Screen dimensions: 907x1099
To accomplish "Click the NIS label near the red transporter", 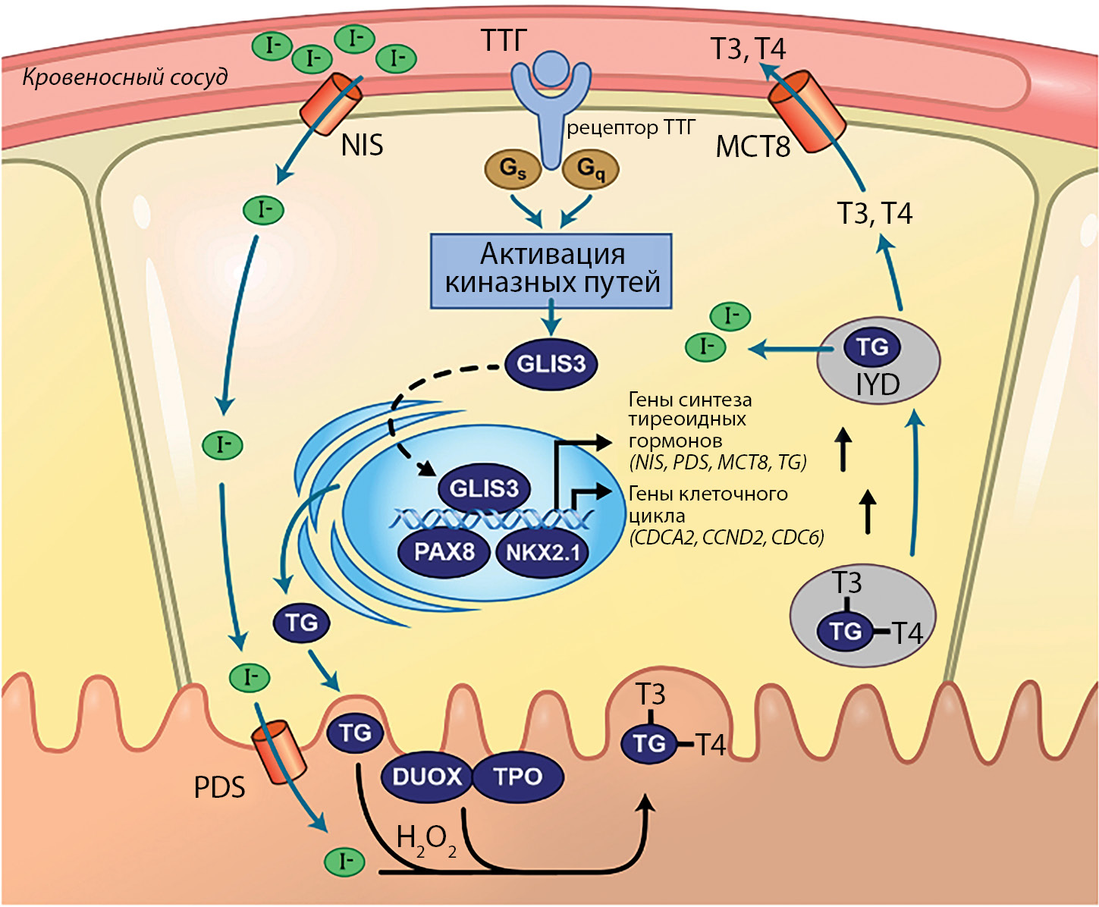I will coord(362,145).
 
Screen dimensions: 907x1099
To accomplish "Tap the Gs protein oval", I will coord(513,168).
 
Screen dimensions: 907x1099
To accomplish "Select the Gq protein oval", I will coord(590,168).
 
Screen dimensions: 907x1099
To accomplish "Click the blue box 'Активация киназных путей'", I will coord(551,270).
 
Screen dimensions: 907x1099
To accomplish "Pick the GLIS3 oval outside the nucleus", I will coord(551,364).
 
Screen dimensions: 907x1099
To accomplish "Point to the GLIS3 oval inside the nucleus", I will coord(484,488).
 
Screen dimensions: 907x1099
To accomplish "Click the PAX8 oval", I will coord(444,551).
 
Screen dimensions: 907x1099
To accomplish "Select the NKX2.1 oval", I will coord(542,552).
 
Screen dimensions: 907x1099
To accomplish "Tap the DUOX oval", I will coord(427,777).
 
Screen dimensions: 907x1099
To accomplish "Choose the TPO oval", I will coord(518,777).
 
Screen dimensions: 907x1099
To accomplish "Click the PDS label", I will coord(219,788).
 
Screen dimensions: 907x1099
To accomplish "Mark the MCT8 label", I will coord(752,146).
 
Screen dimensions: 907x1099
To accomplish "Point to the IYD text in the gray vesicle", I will coord(878,385).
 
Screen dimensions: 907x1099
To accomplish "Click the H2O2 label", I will coord(425,840).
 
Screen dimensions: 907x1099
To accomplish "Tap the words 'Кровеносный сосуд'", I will coord(125,77).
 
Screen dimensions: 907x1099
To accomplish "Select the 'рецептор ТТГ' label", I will coord(630,127).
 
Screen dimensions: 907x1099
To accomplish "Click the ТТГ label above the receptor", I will coord(504,40).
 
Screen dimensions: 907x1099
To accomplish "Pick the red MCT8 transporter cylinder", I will coord(807,111).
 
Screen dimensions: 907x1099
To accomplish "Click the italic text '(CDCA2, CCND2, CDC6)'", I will coord(726,538).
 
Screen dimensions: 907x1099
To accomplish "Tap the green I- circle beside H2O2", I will coord(344,861).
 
